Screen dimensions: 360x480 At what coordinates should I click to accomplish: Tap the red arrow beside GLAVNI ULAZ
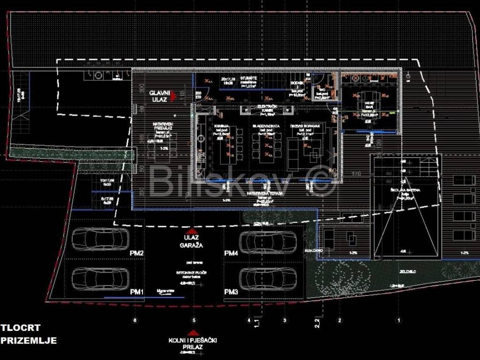click(173, 96)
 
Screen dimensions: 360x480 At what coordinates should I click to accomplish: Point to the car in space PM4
click(268, 242)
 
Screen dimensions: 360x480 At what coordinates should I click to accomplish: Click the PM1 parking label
click(137, 292)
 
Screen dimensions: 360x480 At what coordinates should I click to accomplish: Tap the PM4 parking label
click(232, 253)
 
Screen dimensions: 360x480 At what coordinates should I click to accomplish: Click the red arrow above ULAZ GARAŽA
click(190, 231)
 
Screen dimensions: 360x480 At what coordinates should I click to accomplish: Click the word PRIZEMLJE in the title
click(29, 341)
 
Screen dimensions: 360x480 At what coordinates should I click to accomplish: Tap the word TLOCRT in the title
click(21, 328)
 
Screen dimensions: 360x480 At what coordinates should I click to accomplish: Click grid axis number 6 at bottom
click(135, 321)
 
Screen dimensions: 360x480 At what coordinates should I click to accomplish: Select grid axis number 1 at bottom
click(399, 321)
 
